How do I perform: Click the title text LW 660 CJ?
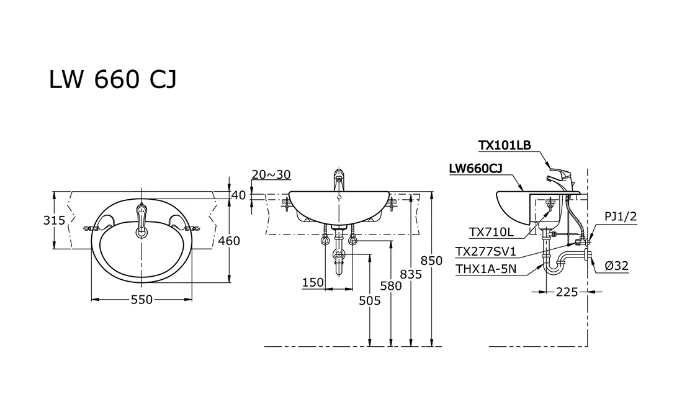coord(113,79)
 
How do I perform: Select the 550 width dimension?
coord(141,300)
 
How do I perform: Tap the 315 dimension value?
coord(54,220)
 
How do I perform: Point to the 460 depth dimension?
coord(228,241)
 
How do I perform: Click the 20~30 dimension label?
coord(271,174)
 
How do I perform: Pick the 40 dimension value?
coord(239,195)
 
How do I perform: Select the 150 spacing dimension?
coord(313,282)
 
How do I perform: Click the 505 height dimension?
coord(370,301)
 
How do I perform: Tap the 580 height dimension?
coord(391,285)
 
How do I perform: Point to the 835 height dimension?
coord(411,274)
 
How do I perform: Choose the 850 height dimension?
coord(431,261)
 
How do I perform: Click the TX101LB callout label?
coord(505,145)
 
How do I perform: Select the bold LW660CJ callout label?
coord(475,168)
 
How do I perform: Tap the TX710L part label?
coord(491,232)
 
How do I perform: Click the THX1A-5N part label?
coord(486,269)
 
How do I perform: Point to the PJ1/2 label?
coord(621,217)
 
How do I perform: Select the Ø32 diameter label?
coord(616,266)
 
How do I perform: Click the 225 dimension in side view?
coord(567,292)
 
